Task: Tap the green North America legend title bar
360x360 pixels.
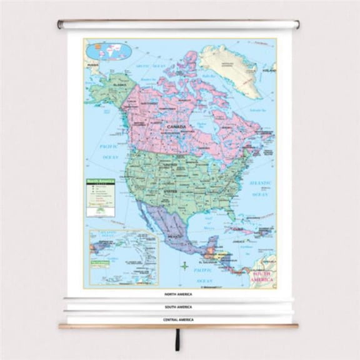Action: (x=99, y=181)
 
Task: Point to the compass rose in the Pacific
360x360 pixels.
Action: (x=184, y=267)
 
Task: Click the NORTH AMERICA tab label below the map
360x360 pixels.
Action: (x=179, y=294)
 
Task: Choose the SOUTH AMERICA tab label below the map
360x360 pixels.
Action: (x=179, y=307)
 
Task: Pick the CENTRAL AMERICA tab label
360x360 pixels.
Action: (x=179, y=319)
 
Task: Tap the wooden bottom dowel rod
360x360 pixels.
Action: (x=179, y=326)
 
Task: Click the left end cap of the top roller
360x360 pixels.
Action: (x=60, y=25)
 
